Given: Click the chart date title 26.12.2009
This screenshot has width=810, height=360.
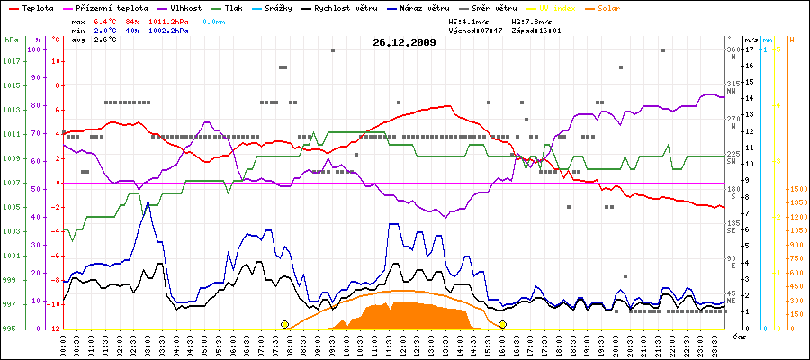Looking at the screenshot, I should (x=404, y=42).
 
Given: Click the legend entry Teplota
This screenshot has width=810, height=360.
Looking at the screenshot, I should (x=34, y=7).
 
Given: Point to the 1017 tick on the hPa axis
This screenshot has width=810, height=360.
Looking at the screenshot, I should (x=11, y=61).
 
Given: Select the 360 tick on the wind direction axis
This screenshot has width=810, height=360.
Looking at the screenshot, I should (x=733, y=49).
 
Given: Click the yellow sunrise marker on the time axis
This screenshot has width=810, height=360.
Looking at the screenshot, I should (x=285, y=324).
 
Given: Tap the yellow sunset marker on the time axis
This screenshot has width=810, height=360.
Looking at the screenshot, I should (x=502, y=324).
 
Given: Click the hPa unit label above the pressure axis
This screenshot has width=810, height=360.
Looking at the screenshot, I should (x=11, y=40).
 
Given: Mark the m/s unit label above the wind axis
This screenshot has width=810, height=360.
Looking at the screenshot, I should (x=751, y=40).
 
